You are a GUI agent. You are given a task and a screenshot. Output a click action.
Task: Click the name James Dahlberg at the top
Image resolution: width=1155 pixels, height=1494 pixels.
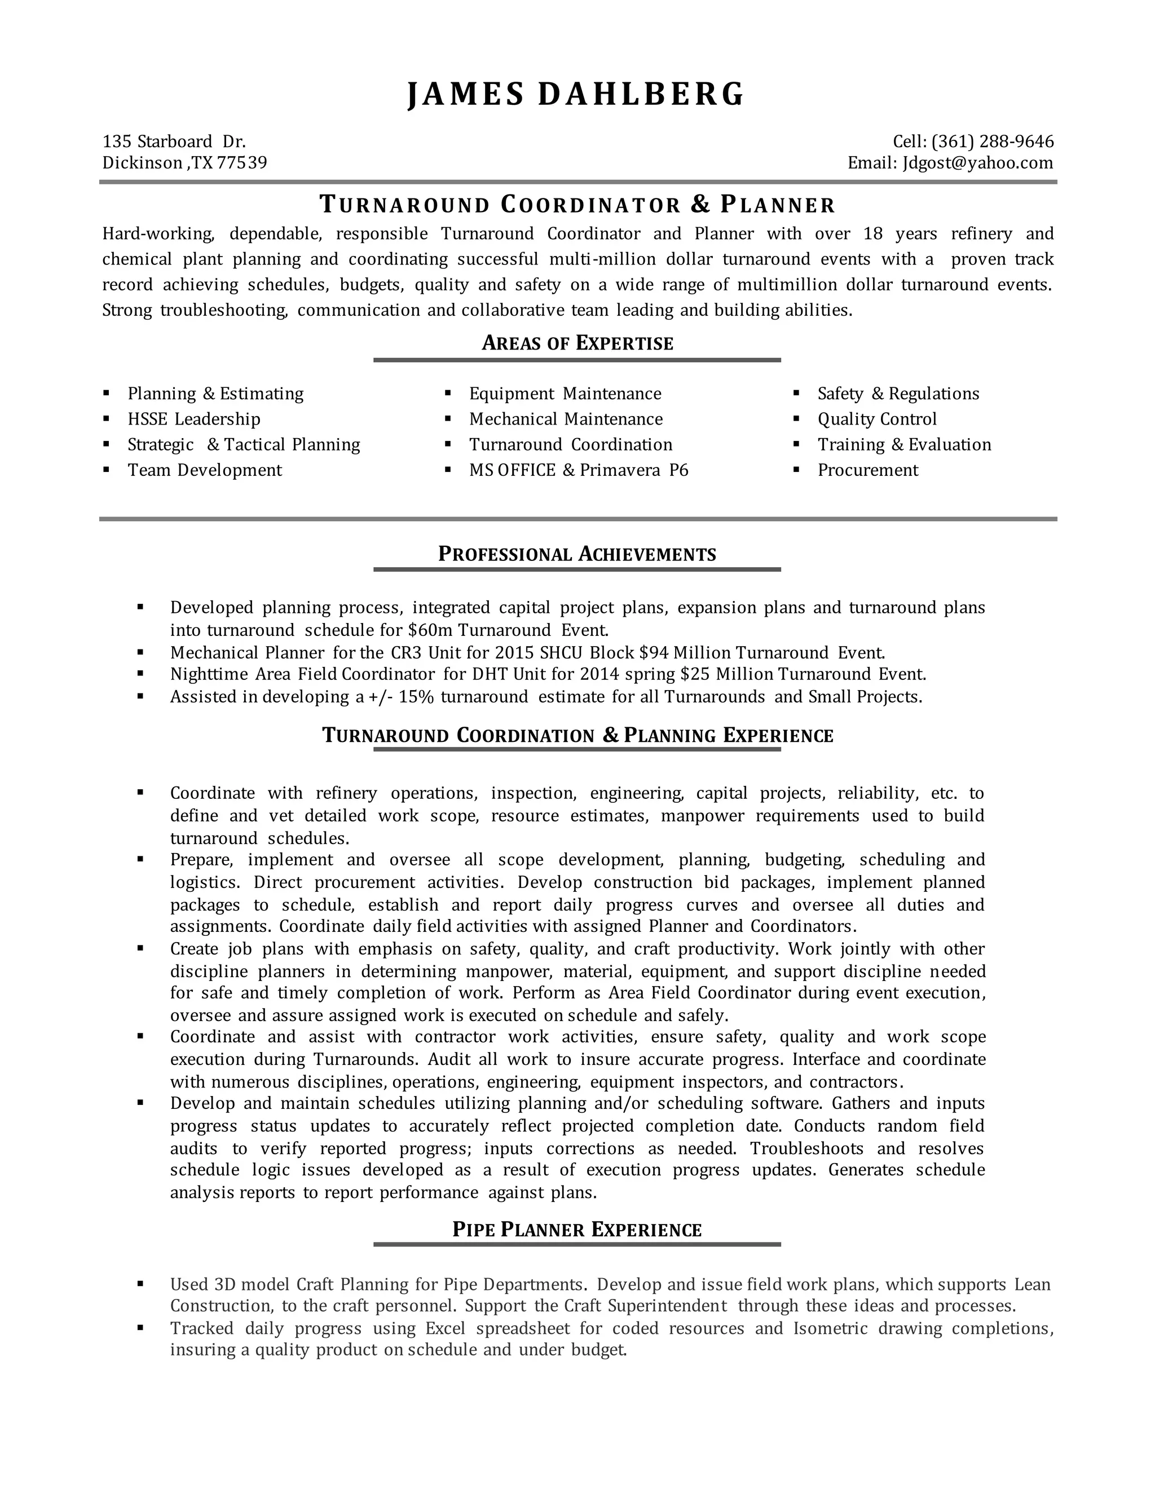point(576,94)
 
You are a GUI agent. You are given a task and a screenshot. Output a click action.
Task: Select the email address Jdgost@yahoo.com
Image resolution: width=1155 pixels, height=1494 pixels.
point(978,163)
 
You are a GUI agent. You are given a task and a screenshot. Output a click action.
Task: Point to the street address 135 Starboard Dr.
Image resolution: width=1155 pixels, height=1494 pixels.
point(174,142)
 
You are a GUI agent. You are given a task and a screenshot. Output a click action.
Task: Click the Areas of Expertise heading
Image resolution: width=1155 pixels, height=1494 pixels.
point(577,343)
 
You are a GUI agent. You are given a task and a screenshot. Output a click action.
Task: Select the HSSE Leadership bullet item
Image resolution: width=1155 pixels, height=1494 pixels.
point(193,419)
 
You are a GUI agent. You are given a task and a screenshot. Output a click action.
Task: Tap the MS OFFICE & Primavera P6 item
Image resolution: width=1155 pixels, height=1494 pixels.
point(578,470)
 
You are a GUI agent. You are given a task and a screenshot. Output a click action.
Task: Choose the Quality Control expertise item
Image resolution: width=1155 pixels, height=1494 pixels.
point(876,419)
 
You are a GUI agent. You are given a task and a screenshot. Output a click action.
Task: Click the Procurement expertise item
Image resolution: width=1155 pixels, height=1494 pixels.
point(867,470)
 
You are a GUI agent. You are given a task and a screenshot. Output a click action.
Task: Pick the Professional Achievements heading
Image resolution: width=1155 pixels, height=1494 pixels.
point(577,554)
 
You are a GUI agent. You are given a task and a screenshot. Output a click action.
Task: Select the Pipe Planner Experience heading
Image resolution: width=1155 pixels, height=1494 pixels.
point(577,1230)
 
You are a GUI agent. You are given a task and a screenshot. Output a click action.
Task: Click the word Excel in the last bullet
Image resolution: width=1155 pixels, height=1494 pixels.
point(446,1328)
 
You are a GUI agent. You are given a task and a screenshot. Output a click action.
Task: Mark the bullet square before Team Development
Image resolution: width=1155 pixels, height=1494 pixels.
point(106,470)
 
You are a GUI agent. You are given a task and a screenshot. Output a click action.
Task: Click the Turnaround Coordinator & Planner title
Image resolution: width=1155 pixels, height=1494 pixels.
point(577,205)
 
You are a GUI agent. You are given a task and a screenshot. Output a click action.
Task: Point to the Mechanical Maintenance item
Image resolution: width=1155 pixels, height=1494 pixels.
point(565,419)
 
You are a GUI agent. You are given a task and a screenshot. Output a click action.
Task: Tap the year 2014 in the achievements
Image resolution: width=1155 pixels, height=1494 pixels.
point(599,674)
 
